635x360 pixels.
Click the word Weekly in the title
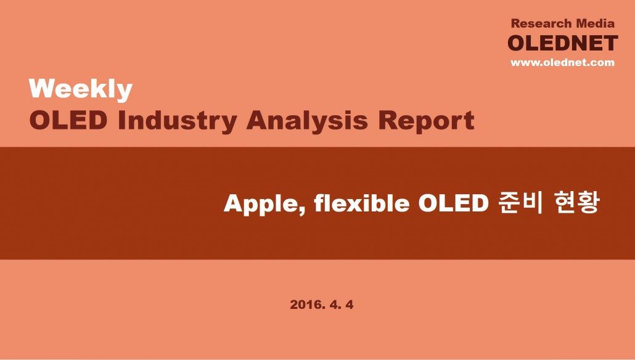coord(81,89)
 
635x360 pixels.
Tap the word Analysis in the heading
coord(307,121)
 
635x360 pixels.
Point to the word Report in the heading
coord(426,121)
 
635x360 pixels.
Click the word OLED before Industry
coord(68,120)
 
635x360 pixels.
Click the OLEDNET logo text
coord(562,43)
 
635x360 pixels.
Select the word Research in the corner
coord(542,23)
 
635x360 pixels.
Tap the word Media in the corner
coord(596,23)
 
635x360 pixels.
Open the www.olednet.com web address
coord(562,62)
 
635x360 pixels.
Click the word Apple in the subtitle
coord(264,203)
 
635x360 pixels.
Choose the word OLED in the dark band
coord(453,203)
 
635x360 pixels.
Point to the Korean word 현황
coord(575,202)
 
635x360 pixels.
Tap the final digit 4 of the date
coord(349,305)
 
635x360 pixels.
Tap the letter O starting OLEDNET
coord(517,43)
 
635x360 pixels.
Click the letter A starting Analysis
coord(256,120)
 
